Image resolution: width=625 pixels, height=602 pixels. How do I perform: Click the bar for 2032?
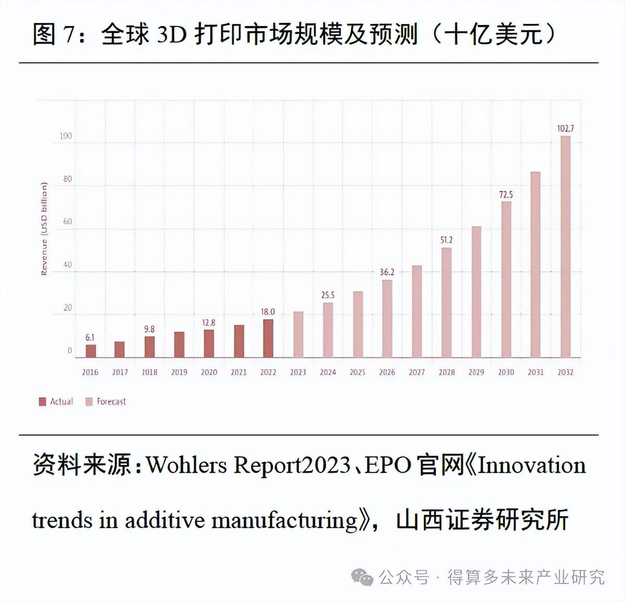pyautogui.click(x=565, y=246)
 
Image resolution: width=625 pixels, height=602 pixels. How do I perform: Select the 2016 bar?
pyautogui.click(x=90, y=351)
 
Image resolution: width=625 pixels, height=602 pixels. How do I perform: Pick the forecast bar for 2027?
pyautogui.click(x=416, y=311)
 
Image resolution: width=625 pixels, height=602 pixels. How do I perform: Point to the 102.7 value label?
pyautogui.click(x=565, y=128)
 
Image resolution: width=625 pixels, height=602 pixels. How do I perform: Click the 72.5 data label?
pyautogui.click(x=505, y=194)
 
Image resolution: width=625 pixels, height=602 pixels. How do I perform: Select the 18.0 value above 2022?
pyautogui.click(x=268, y=312)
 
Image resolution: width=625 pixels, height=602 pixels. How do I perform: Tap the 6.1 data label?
pyautogui.click(x=90, y=338)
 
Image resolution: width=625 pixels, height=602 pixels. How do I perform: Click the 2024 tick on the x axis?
pyautogui.click(x=328, y=372)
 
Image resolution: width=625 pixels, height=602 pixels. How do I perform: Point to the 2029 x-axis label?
pyautogui.click(x=476, y=372)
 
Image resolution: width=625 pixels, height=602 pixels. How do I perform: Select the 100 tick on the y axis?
pyautogui.click(x=66, y=136)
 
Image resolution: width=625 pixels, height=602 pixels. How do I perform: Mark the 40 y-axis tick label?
pyautogui.click(x=68, y=265)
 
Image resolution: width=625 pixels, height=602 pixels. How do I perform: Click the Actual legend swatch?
pyautogui.click(x=43, y=401)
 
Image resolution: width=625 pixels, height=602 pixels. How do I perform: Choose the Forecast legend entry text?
pyautogui.click(x=111, y=401)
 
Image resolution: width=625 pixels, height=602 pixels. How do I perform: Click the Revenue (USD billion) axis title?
pyautogui.click(x=44, y=229)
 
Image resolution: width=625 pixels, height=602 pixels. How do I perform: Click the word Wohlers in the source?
pyautogui.click(x=187, y=465)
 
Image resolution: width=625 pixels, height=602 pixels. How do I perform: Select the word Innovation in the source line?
pyautogui.click(x=531, y=465)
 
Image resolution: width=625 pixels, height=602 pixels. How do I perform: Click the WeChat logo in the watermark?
pyautogui.click(x=362, y=577)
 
